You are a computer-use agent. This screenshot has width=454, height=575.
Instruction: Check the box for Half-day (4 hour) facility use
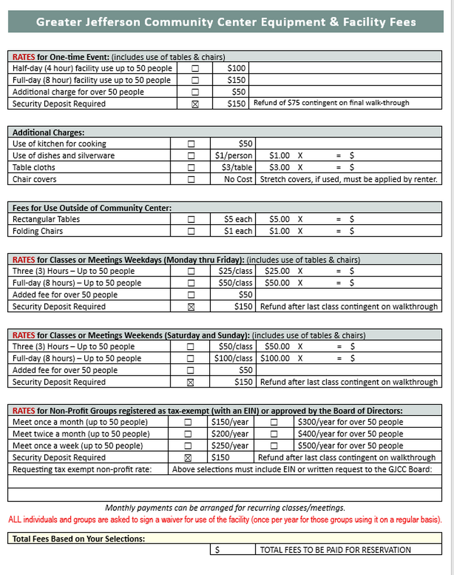coord(195,68)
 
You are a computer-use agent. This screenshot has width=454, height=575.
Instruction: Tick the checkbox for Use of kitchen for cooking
coord(191,144)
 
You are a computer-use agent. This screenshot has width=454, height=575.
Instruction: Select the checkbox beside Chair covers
coord(191,179)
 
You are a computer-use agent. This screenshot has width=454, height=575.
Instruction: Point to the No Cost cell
coord(238,179)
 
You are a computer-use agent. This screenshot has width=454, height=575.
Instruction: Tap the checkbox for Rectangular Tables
coord(191,220)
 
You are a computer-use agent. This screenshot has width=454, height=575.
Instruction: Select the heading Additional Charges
coord(49,132)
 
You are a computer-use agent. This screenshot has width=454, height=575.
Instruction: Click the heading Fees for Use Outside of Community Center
coord(92,208)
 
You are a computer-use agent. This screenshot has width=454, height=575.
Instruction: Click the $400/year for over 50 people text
coord(351,434)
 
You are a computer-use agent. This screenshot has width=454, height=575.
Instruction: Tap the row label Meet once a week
coord(77,446)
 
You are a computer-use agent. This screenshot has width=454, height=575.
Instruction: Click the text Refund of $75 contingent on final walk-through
coord(331,103)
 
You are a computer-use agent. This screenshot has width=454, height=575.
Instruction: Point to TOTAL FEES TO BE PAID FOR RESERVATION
coord(335,550)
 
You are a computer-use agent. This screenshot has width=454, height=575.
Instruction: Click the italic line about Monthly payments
coord(225,508)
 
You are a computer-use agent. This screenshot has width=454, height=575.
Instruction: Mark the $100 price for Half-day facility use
coord(236,68)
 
